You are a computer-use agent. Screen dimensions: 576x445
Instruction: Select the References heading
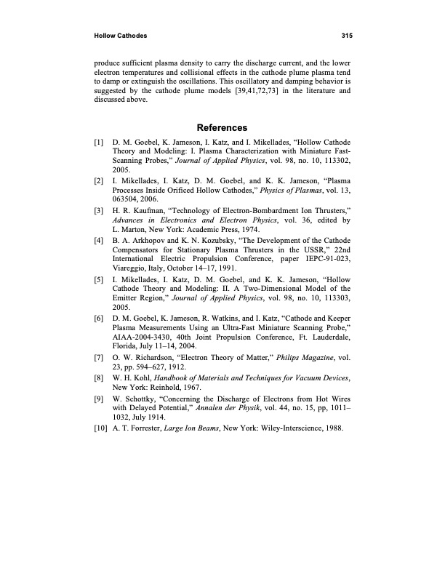(x=223, y=128)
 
